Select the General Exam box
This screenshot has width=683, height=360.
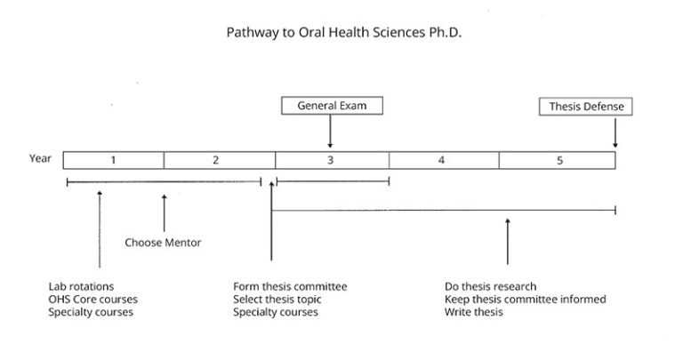330,106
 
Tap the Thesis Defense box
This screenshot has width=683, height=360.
585,106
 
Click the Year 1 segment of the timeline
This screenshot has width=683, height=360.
114,160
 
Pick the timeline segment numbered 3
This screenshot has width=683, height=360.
331,160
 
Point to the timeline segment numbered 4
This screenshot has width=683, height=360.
443,160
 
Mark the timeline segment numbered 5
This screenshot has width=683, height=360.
557,160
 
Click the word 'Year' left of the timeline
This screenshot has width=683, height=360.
40,159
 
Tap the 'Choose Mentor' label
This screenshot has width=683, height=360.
163,242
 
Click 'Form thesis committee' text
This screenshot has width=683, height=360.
290,286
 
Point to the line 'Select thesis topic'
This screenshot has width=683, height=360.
277,300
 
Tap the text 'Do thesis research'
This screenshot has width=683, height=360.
491,286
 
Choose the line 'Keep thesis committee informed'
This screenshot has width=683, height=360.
526,300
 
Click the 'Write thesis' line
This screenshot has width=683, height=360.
474,313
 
